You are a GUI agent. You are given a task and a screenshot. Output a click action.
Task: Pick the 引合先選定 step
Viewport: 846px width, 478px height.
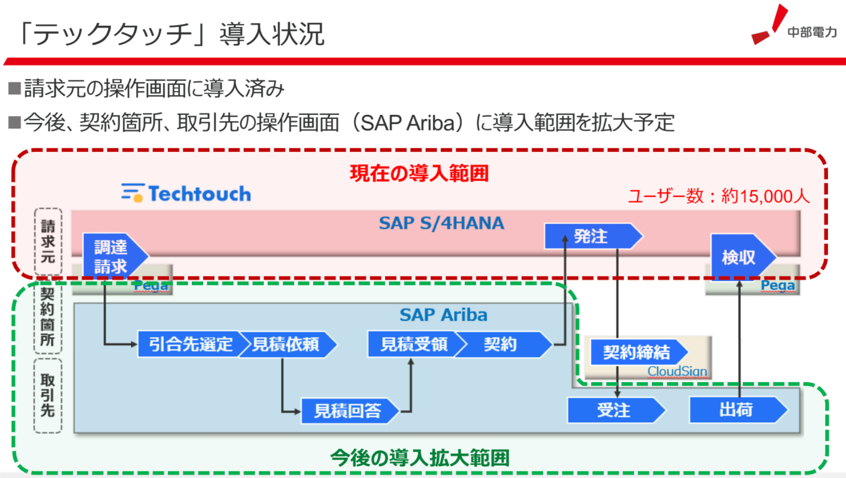click(x=190, y=344)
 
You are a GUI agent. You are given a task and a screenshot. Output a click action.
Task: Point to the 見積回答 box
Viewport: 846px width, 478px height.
click(x=348, y=411)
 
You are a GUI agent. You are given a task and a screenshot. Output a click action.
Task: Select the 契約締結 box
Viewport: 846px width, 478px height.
click(x=637, y=352)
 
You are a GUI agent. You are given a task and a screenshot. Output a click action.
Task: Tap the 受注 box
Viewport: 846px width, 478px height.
click(x=614, y=410)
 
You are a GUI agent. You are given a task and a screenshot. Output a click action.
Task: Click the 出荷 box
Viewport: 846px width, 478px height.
click(x=736, y=410)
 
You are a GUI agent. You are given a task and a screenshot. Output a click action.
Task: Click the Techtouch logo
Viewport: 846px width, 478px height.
click(x=186, y=194)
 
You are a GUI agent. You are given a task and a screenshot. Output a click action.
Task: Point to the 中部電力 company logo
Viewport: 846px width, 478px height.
click(x=794, y=27)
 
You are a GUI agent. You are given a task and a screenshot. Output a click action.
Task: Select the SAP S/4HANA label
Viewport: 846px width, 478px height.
click(x=441, y=223)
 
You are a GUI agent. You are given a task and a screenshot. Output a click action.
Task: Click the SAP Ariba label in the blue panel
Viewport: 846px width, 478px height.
click(x=443, y=315)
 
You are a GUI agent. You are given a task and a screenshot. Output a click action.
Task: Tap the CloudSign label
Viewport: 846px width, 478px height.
click(x=677, y=371)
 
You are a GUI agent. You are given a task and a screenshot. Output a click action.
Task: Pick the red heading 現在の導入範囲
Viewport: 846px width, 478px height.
click(x=419, y=173)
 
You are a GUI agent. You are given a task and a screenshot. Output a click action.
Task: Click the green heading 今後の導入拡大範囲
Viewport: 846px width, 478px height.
click(x=420, y=458)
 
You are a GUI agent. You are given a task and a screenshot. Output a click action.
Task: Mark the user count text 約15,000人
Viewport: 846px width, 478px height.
click(x=765, y=196)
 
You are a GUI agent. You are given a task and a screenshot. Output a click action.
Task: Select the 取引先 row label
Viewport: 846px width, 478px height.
click(x=48, y=395)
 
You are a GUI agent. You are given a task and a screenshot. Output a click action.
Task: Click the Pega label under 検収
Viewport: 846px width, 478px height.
click(x=777, y=286)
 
